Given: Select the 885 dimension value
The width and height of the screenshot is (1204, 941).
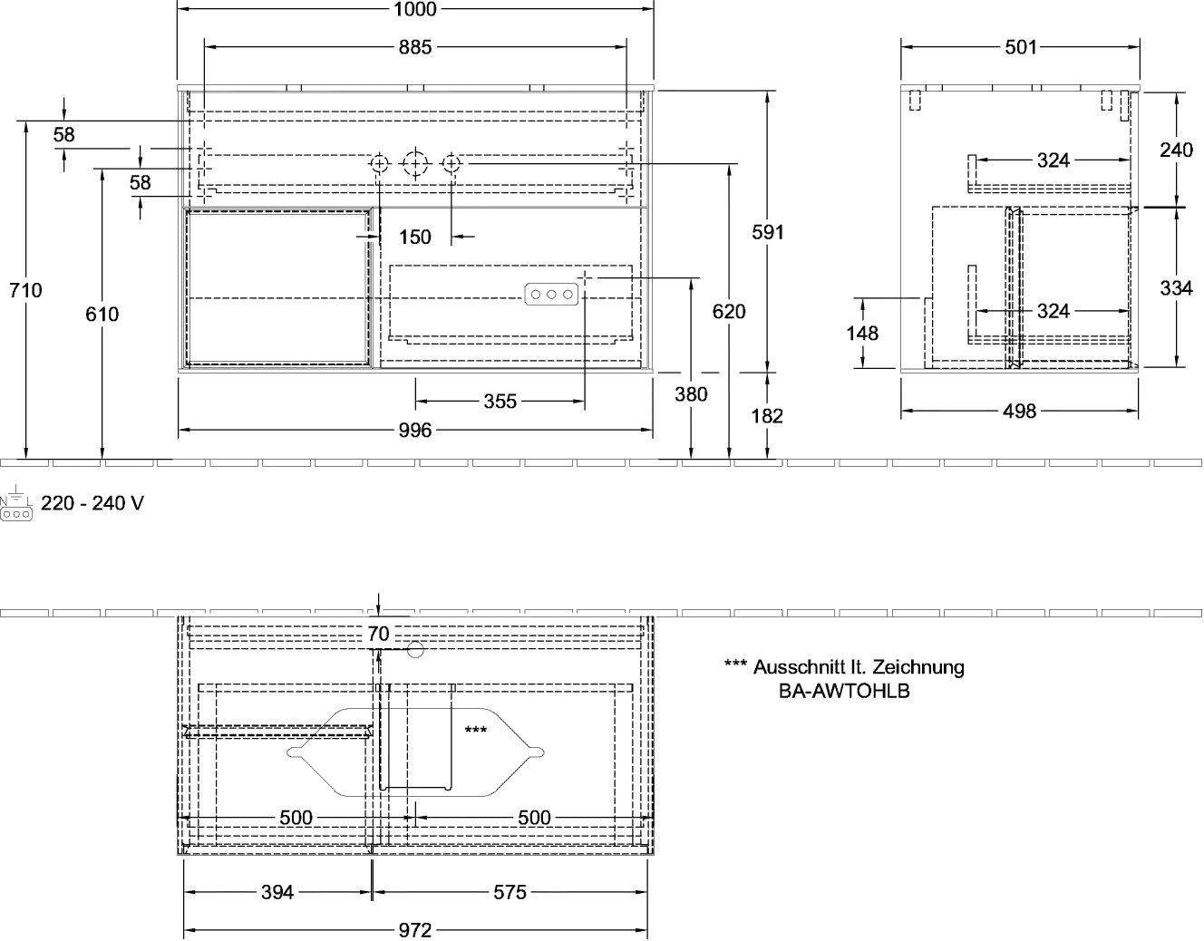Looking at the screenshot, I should tap(415, 47).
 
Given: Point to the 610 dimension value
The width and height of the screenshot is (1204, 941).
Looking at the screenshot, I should tap(103, 315).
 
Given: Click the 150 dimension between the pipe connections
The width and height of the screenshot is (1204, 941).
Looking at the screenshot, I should tap(415, 237).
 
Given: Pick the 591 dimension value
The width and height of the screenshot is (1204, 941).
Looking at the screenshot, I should tap(767, 232).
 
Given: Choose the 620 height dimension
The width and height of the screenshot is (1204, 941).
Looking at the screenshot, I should tap(730, 312).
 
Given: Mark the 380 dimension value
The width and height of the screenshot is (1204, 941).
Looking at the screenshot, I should tap(692, 394).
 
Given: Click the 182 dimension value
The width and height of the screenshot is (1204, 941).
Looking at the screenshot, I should tap(768, 416).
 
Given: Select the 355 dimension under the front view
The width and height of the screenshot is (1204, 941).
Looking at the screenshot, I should tap(500, 401).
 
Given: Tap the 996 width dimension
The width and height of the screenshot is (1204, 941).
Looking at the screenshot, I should tap(415, 431).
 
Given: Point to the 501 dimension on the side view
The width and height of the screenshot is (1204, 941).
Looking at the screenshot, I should tap(1020, 47).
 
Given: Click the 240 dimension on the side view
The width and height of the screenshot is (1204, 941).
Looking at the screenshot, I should tap(1177, 150).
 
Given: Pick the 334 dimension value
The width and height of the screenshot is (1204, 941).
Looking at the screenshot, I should tap(1177, 288).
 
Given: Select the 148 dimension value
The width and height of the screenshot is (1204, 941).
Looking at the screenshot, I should tap(862, 333).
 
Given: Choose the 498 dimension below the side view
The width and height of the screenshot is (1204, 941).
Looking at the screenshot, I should tap(1020, 412).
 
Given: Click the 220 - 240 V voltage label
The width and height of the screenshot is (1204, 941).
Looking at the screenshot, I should tap(92, 503).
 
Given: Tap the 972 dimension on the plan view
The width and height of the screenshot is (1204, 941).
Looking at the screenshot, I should tap(415, 930).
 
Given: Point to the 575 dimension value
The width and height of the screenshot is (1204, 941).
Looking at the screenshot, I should tap(510, 893).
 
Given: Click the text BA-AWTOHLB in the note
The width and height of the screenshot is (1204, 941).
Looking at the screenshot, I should tap(845, 690).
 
